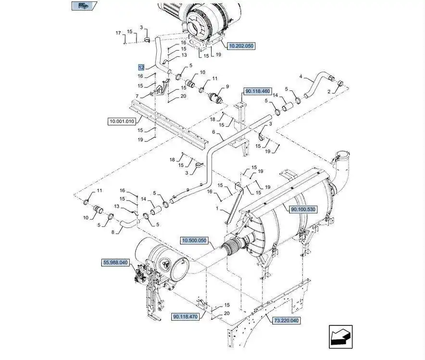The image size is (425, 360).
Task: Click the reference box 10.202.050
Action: tap(241, 46)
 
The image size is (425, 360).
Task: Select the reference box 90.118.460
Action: tap(258, 91)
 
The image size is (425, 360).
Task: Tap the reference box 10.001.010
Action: tap(122, 121)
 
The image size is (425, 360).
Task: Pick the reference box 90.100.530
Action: tap(303, 210)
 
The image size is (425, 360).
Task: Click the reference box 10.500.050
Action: tap(194, 240)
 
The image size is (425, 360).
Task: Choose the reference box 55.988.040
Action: tap(115, 263)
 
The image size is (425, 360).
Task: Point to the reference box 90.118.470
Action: tap(186, 317)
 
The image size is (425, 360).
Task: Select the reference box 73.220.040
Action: tap(286, 321)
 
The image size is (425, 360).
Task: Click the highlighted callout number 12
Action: tap(141, 67)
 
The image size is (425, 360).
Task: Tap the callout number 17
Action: tap(118, 33)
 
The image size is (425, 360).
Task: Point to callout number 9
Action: tap(227, 87)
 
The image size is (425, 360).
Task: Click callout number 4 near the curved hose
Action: tap(301, 76)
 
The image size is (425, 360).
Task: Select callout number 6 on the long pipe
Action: tap(213, 132)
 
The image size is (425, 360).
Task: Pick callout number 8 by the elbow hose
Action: tap(113, 233)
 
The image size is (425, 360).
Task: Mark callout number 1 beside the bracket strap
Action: tap(217, 208)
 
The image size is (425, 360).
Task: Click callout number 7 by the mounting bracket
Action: tap(137, 96)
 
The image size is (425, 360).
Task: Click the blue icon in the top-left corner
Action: tap(84, 6)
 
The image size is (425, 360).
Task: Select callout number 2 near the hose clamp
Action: tap(329, 92)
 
